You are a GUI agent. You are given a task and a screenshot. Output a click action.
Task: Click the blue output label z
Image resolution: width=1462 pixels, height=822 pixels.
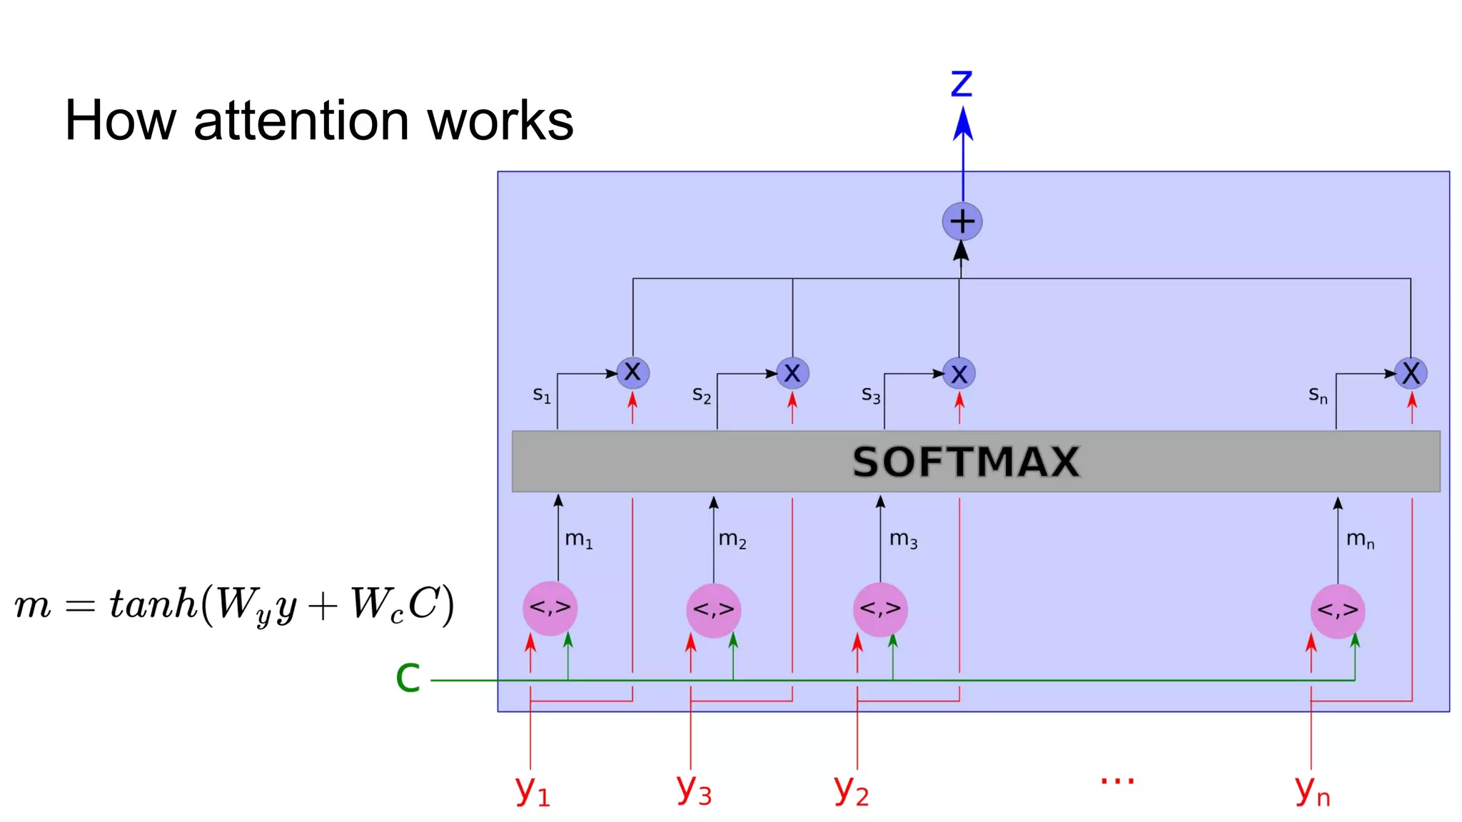(962, 84)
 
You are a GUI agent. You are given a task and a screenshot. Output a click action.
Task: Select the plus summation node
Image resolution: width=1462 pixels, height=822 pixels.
(962, 222)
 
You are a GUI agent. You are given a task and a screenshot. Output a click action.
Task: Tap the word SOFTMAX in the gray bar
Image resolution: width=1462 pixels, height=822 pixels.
(966, 462)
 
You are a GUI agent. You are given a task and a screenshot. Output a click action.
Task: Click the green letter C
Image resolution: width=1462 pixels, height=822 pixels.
(408, 678)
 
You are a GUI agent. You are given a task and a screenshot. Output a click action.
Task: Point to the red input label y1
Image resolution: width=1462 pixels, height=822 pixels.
(533, 791)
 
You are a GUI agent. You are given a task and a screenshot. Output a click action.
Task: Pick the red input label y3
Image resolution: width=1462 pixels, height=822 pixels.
(694, 789)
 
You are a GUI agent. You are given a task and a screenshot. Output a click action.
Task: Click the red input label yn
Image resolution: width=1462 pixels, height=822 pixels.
(1312, 791)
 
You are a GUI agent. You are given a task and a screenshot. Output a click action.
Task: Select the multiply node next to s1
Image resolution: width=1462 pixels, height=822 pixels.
(632, 372)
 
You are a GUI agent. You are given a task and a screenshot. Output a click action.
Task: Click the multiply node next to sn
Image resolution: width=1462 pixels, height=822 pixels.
(1411, 372)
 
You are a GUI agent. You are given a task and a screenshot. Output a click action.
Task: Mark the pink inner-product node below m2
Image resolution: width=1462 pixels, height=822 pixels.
(713, 610)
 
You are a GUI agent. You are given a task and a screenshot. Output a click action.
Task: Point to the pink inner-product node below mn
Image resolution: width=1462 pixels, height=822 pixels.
(1337, 610)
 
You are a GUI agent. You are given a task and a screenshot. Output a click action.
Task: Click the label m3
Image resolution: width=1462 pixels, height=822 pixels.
(903, 539)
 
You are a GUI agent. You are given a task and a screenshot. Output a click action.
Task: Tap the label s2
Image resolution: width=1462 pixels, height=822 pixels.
(702, 395)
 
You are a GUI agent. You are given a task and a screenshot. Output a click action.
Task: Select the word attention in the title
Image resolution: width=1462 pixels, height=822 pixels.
(301, 121)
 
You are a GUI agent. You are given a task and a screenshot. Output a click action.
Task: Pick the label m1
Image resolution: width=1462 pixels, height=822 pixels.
(578, 539)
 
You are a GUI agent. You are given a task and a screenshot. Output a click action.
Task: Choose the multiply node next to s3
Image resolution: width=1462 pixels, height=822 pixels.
(959, 373)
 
